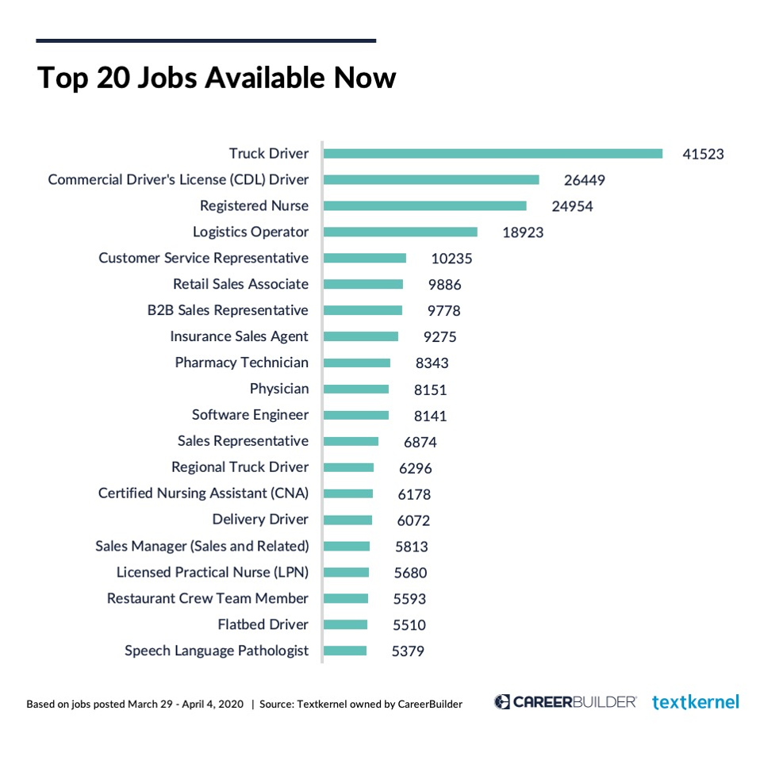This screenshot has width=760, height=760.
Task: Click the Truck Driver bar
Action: [493, 154]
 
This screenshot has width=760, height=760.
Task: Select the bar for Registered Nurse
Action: [425, 206]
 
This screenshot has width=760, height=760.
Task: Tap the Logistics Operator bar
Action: [401, 232]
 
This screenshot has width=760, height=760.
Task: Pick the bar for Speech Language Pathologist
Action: [345, 651]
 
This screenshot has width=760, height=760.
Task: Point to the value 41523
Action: [703, 155]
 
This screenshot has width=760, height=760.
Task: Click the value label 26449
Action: [584, 181]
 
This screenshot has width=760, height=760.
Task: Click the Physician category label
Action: [279, 389]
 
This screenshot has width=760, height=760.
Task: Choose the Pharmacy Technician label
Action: [242, 363]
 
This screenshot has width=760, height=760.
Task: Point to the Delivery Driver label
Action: [260, 520]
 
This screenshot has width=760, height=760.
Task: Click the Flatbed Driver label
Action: [263, 624]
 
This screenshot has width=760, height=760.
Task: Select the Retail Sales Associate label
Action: [240, 284]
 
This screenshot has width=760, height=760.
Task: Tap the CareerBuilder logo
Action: [565, 702]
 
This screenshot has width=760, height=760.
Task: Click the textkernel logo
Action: [696, 702]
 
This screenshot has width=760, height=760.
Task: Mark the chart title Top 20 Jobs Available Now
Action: [216, 78]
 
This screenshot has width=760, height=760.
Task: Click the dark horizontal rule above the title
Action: [205, 40]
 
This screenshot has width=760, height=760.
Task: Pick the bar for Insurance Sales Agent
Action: [361, 337]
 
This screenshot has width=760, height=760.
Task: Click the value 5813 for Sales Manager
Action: [411, 547]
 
